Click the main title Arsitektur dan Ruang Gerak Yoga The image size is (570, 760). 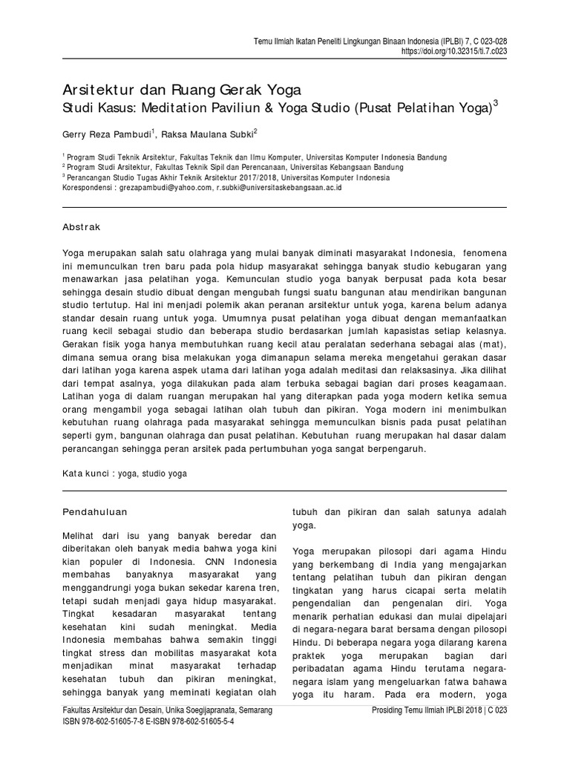pos(181,91)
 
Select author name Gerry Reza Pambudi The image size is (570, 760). pos(107,135)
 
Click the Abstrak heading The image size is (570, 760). pos(82,227)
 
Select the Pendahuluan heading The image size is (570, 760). pos(96,511)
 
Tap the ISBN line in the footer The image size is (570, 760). pos(148,721)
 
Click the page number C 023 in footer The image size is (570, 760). pos(497,710)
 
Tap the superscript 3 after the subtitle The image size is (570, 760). pos(496,105)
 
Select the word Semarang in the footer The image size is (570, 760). pos(253,710)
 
